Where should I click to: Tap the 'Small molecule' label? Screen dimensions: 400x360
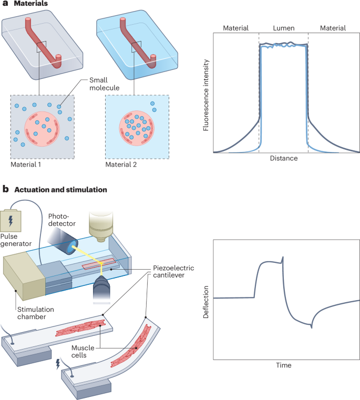pos(99,85)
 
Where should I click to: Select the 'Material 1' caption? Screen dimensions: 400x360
pos(26,165)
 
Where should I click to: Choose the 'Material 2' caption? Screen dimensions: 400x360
pos(122,165)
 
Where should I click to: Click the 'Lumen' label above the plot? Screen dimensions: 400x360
pos(283,28)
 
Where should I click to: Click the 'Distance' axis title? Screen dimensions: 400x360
pos(283,158)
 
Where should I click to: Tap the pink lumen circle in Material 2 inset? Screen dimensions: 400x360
pos(137,127)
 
